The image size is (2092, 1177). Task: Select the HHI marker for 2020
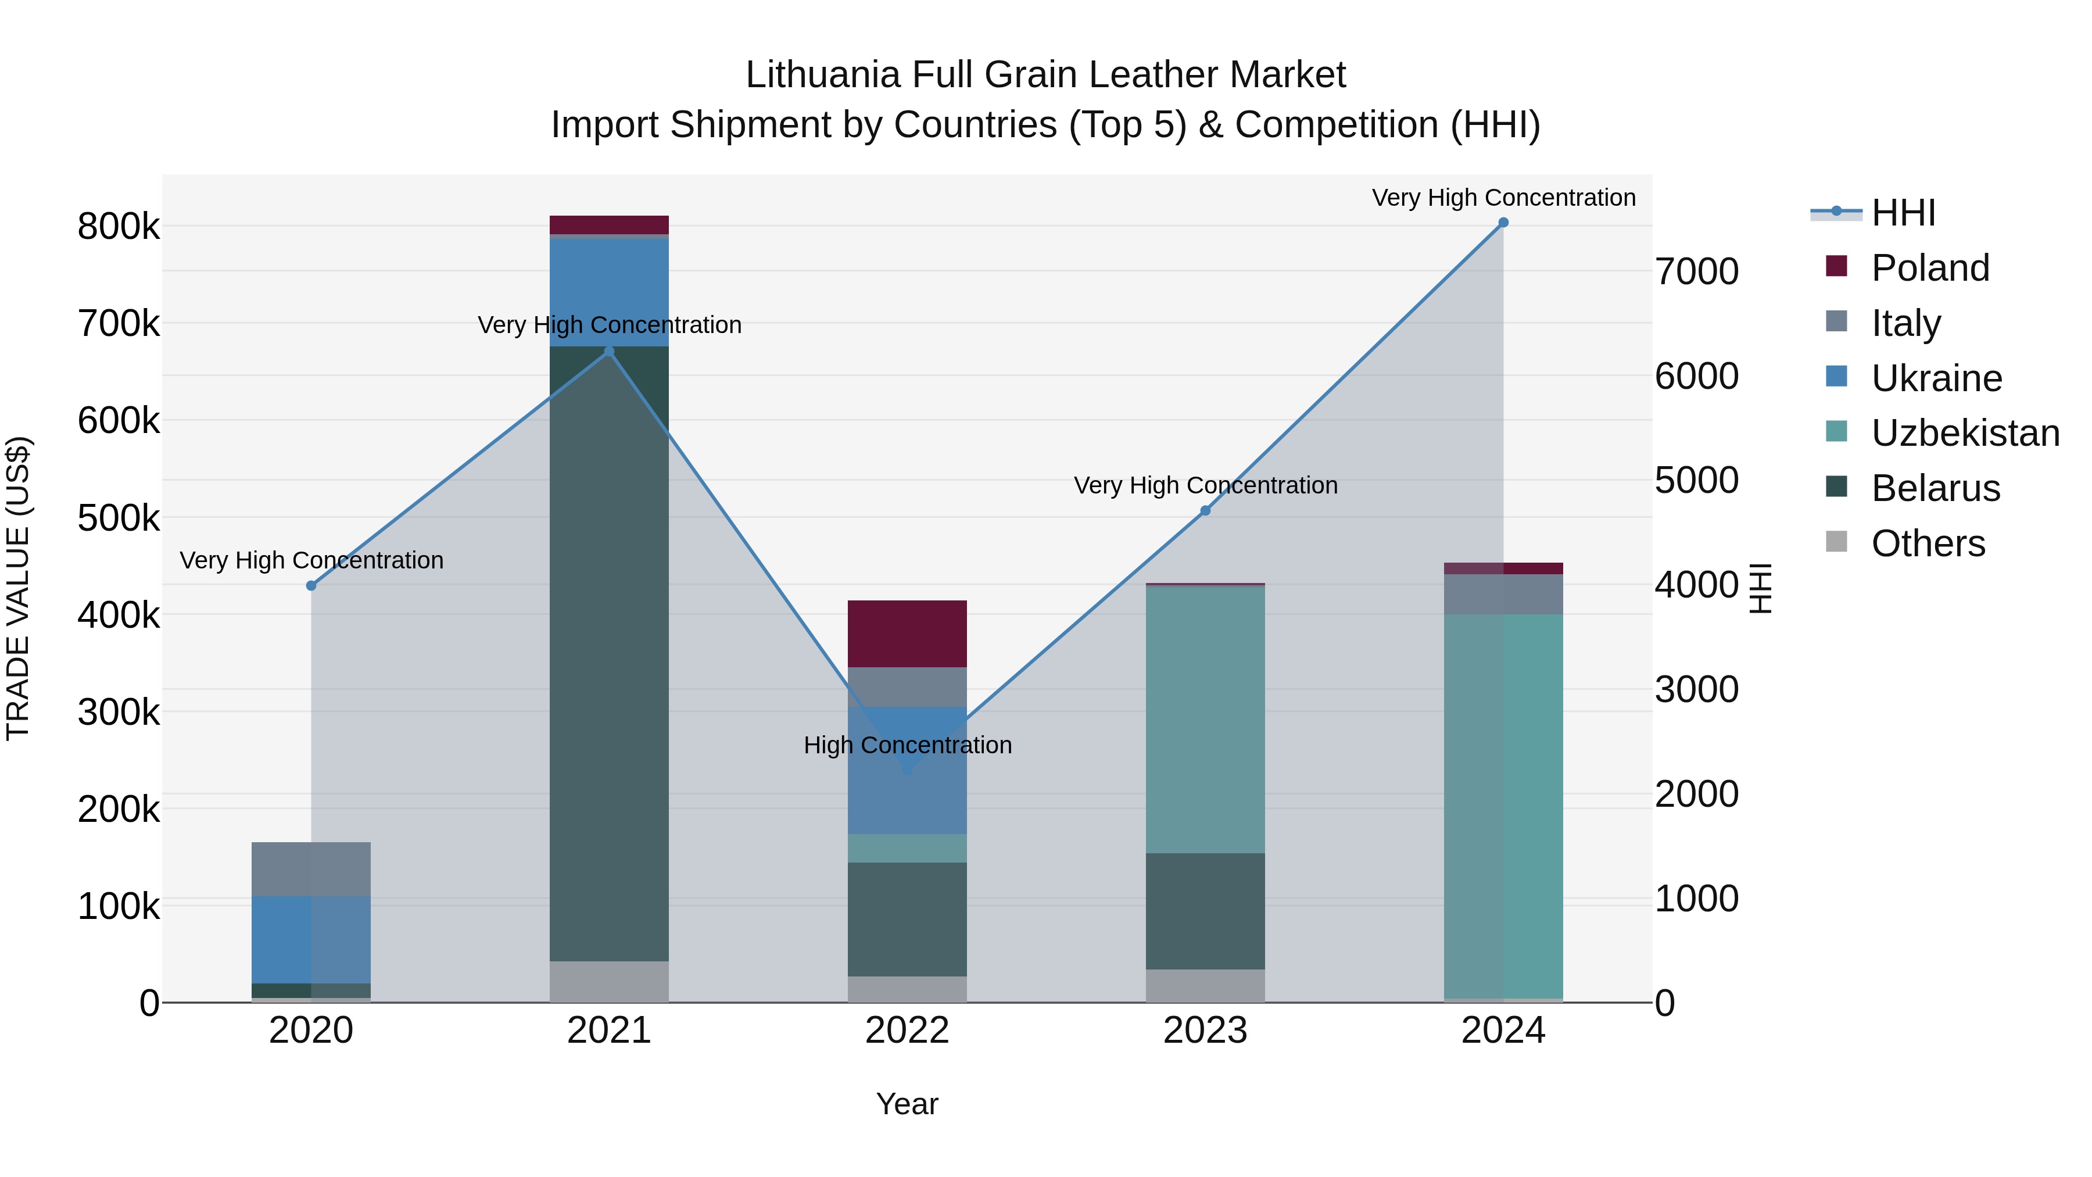[x=311, y=586]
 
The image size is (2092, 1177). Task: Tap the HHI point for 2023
[x=1205, y=511]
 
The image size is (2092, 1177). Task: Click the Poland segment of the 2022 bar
[x=907, y=634]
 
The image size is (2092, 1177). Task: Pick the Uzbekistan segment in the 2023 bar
[x=1205, y=719]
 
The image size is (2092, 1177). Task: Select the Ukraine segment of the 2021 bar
[x=609, y=292]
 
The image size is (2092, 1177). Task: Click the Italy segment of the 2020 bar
[x=311, y=869]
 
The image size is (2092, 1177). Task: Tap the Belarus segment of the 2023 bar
[x=1205, y=911]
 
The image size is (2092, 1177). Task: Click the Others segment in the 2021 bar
[x=609, y=981]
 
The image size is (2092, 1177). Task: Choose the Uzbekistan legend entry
[x=1965, y=433]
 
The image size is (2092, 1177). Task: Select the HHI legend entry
[x=1903, y=213]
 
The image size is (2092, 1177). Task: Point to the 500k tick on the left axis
[x=119, y=518]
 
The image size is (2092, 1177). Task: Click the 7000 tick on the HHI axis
[x=1696, y=271]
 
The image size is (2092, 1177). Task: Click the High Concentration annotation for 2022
[x=907, y=745]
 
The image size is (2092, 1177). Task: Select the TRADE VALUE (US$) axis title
[x=18, y=588]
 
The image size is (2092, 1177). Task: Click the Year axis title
[x=907, y=1104]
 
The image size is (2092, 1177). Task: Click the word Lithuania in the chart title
[x=823, y=75]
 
